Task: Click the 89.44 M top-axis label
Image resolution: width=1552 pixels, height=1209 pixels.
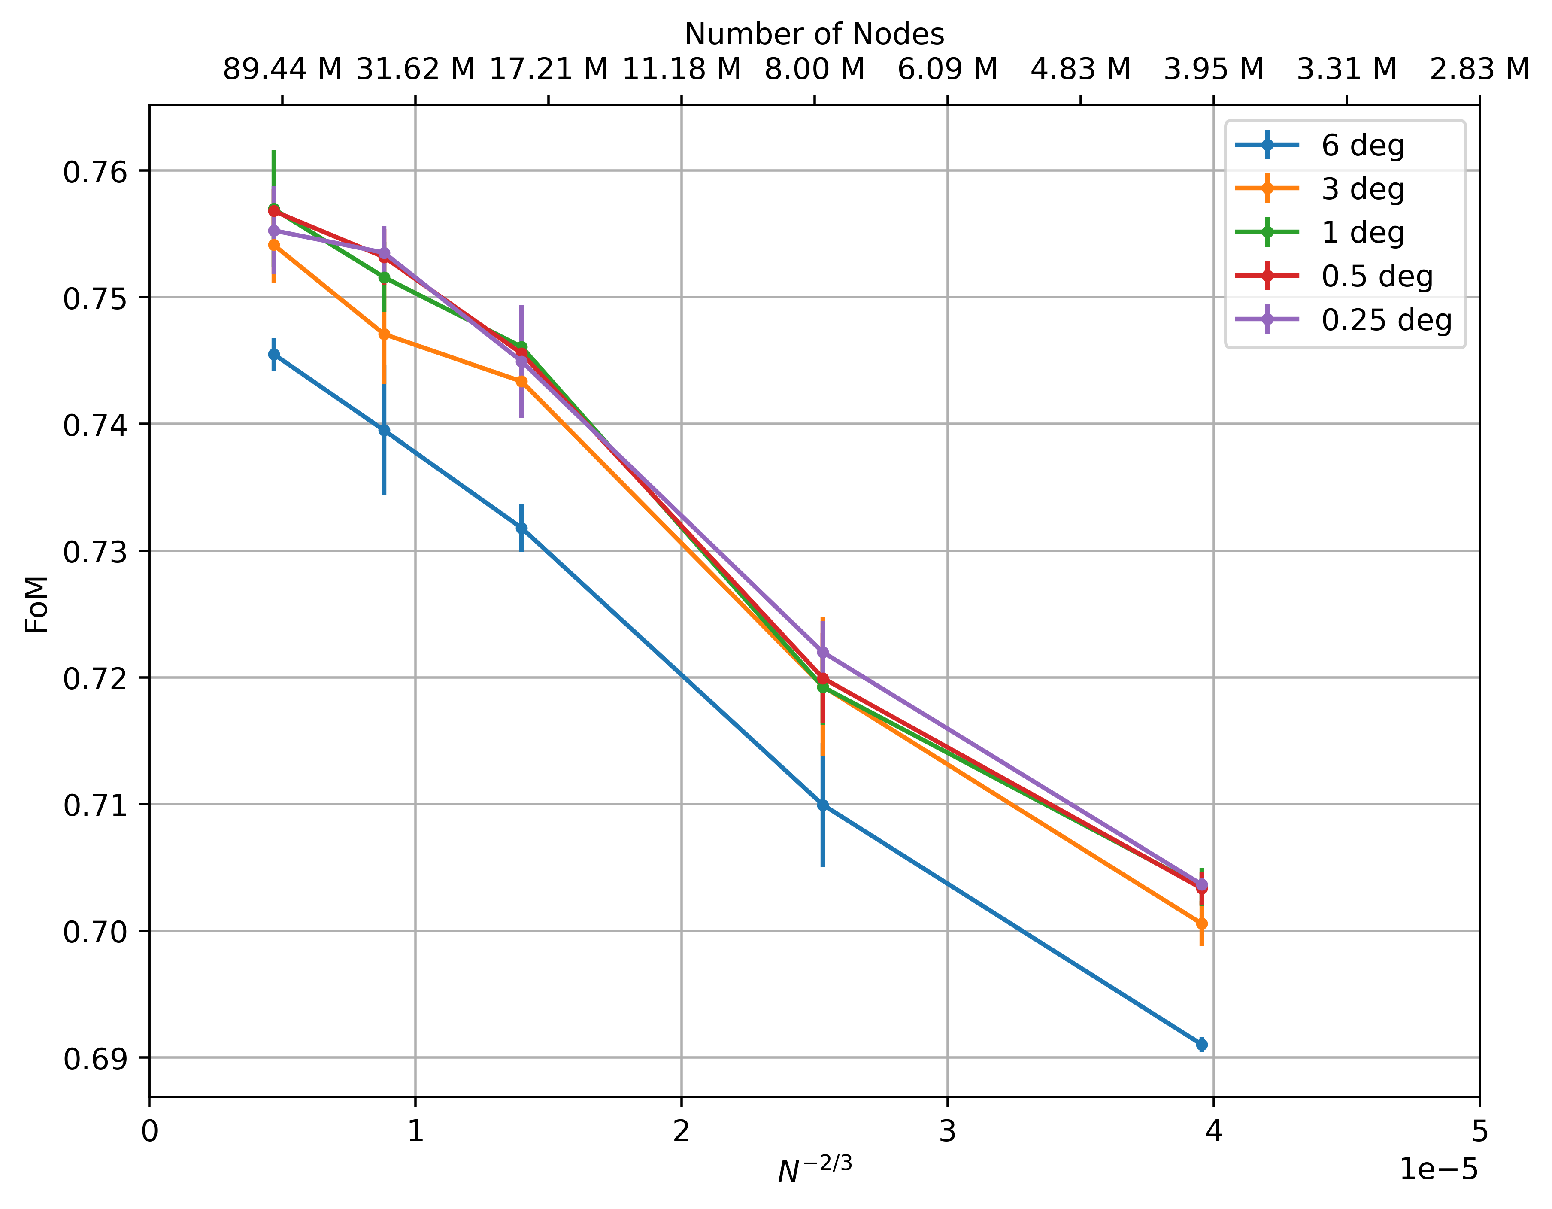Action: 282,70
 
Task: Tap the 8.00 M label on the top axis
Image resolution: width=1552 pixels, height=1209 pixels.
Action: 814,70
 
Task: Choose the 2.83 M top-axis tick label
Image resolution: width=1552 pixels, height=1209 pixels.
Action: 1479,70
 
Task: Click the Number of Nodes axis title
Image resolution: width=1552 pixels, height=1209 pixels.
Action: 814,34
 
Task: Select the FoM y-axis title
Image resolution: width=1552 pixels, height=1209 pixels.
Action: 37,604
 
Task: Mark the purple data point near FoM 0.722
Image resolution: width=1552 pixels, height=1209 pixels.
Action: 823,652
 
